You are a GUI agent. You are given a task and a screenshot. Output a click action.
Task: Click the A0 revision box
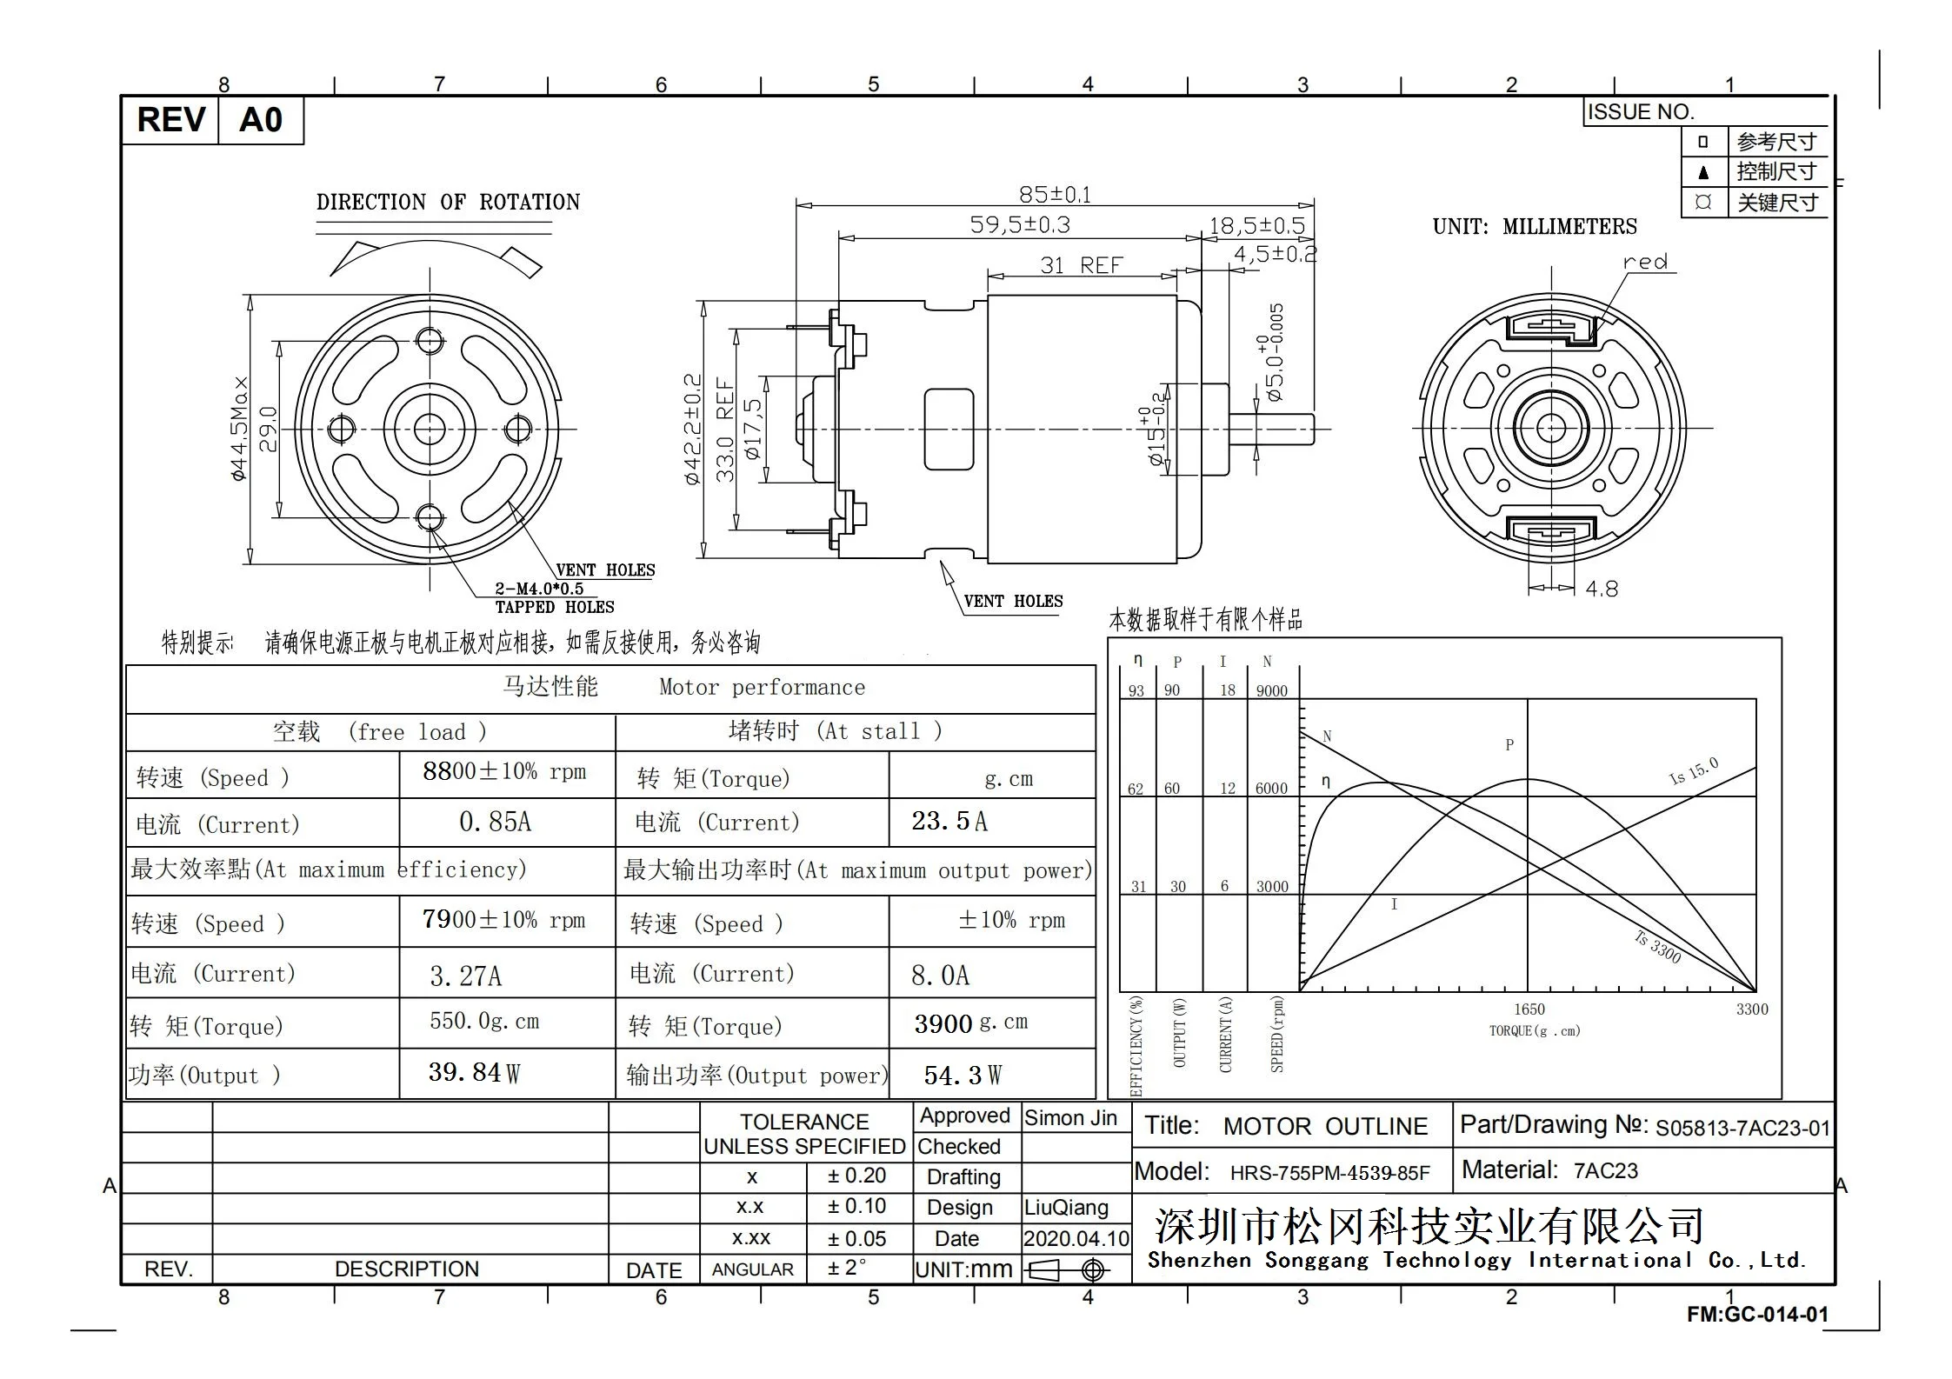[260, 120]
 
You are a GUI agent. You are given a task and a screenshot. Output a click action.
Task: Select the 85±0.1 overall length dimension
[1054, 194]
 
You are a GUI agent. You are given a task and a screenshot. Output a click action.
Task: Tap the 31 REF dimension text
[1081, 265]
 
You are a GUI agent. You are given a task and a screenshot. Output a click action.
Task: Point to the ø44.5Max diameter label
[239, 429]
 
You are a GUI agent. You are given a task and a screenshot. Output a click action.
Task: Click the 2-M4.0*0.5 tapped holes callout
[539, 589]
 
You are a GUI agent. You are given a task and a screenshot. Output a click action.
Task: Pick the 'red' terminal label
[1645, 262]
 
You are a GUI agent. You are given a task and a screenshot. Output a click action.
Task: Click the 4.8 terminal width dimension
[1601, 590]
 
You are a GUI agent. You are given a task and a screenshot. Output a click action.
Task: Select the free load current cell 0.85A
[495, 822]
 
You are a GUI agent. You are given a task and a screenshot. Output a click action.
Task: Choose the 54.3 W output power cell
[963, 1076]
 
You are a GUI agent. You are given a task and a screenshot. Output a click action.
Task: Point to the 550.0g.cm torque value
[484, 1021]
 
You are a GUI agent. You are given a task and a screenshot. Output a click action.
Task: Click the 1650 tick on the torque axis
[1529, 1009]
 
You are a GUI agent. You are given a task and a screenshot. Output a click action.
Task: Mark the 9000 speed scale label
[1271, 691]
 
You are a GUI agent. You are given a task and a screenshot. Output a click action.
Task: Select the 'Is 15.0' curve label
[1693, 771]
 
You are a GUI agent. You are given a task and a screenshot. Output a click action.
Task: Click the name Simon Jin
[1070, 1118]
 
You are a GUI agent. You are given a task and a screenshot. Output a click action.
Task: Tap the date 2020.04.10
[1076, 1238]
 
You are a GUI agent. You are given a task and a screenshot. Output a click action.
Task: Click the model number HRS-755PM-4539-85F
[1329, 1173]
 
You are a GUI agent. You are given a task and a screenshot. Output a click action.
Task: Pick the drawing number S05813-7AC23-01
[1742, 1129]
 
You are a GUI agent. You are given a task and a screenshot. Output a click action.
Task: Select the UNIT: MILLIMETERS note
[1534, 227]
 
